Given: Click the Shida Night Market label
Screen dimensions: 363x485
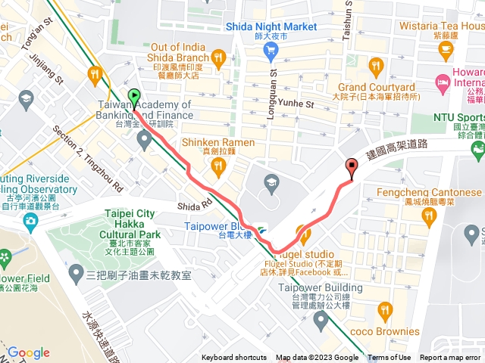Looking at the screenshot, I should (x=271, y=26).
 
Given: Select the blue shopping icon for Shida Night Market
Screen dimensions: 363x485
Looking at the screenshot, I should (x=271, y=51).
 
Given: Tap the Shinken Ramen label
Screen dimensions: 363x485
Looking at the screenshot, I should (x=217, y=143).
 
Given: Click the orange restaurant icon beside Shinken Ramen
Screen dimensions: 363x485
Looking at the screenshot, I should (x=171, y=143).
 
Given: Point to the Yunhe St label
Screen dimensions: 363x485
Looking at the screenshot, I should (x=296, y=104).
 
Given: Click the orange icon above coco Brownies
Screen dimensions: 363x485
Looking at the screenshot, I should (x=386, y=309).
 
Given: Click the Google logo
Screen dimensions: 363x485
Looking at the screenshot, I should (x=28, y=352).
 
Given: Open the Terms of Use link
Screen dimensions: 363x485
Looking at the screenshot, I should (x=390, y=358).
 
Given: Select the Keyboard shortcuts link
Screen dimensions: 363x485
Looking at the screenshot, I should (x=234, y=358).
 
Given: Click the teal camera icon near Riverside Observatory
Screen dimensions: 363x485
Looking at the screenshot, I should (x=30, y=221).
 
